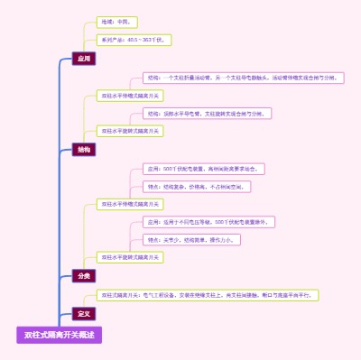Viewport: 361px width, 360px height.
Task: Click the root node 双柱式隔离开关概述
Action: pos(60,335)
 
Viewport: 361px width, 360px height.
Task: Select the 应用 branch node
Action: pos(84,59)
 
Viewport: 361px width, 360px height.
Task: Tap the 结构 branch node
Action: pos(84,150)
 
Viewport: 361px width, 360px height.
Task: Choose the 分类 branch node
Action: pos(84,275)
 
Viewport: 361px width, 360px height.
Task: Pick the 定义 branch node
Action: pos(84,313)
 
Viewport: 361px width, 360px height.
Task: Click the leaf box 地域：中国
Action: pos(117,22)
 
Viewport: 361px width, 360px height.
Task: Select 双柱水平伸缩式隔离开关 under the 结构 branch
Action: pos(130,95)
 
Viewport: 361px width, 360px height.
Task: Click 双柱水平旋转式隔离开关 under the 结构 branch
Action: pos(130,131)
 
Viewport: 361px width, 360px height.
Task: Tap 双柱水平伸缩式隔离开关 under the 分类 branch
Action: pos(130,204)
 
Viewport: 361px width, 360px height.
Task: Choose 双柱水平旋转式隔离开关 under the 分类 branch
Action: pos(130,257)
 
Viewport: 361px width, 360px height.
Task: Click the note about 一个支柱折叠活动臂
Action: pos(243,78)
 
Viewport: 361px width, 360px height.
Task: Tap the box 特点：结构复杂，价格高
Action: pos(197,186)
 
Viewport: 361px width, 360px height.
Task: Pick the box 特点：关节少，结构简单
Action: pos(191,240)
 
